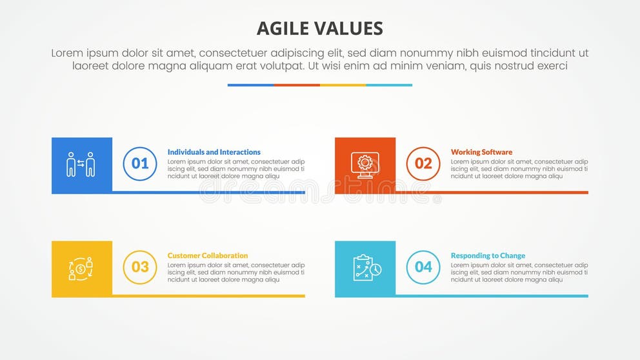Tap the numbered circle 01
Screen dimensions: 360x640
tap(140, 163)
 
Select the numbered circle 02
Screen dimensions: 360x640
tap(423, 163)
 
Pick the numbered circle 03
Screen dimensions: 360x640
tap(140, 267)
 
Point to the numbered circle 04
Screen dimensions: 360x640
tap(423, 267)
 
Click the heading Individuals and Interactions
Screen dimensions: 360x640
tap(214, 152)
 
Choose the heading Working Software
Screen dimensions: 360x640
tap(481, 152)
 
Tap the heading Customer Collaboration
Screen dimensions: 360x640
tap(208, 255)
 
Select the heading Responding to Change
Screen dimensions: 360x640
tap(488, 255)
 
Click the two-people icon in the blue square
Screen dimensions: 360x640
tap(81, 165)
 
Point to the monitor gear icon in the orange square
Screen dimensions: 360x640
tap(365, 165)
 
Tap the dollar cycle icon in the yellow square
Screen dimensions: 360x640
tap(81, 268)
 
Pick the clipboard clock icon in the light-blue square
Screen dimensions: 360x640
tap(366, 268)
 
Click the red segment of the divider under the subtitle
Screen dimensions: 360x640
tap(297, 85)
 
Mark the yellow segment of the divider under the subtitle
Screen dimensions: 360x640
tap(343, 85)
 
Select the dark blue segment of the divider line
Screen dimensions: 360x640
tap(250, 85)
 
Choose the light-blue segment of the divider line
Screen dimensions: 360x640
tap(389, 85)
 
